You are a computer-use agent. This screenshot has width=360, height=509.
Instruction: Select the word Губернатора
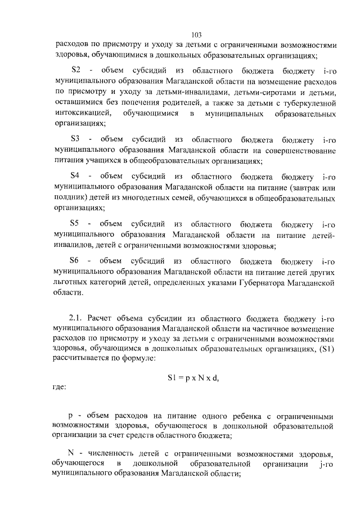coord(260,282)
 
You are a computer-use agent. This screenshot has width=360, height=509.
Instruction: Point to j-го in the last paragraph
coord(328,464)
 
